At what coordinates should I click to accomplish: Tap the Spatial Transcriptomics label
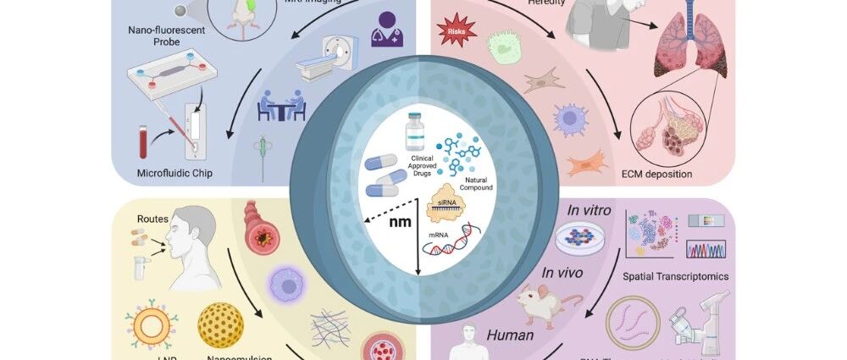point(675,275)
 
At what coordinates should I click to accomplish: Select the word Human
point(509,335)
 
